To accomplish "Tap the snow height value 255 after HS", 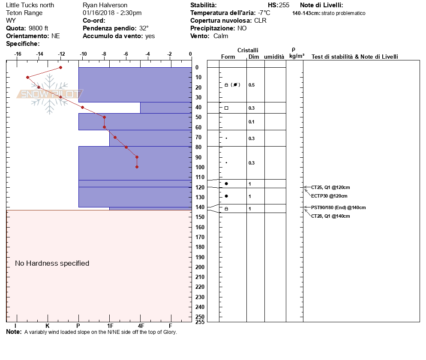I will [x=284, y=5].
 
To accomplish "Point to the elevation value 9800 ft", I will [x=39, y=28].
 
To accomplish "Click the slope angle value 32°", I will [x=144, y=28].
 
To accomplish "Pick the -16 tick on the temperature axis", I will [x=18, y=54].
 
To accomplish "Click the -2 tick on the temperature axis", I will [x=170, y=54].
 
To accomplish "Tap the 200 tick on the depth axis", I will [x=199, y=267].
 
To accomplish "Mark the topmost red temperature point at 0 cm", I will [x=61, y=67].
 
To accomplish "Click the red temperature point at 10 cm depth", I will [x=28, y=77].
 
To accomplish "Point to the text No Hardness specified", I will [x=52, y=263].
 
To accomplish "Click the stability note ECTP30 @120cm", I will [x=329, y=196].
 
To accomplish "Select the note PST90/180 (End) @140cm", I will [x=338, y=207].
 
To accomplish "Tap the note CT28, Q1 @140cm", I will [x=330, y=216].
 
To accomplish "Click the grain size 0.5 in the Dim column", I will [x=252, y=85].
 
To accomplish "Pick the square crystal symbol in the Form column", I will [x=226, y=108].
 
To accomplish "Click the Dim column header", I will [x=254, y=57].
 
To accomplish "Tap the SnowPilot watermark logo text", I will [x=51, y=94].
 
